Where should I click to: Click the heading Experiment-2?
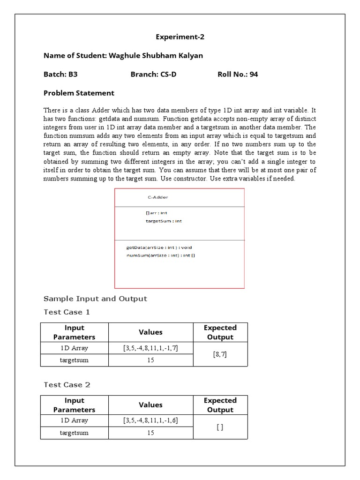(x=180, y=37)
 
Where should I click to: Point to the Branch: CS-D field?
(x=153, y=74)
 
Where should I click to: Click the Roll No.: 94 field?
(x=238, y=74)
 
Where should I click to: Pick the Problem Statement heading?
(x=79, y=93)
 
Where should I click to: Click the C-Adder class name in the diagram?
(x=158, y=197)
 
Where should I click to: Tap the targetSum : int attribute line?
(x=164, y=221)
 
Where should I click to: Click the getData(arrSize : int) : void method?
(x=159, y=247)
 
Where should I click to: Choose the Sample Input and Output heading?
(x=95, y=299)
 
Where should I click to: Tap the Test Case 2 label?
(x=67, y=385)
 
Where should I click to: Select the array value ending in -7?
(x=150, y=348)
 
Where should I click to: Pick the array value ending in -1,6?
(x=150, y=420)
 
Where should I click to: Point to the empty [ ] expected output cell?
(x=220, y=427)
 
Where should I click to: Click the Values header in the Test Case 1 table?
(x=150, y=332)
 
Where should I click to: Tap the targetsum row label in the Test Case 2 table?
(x=74, y=433)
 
